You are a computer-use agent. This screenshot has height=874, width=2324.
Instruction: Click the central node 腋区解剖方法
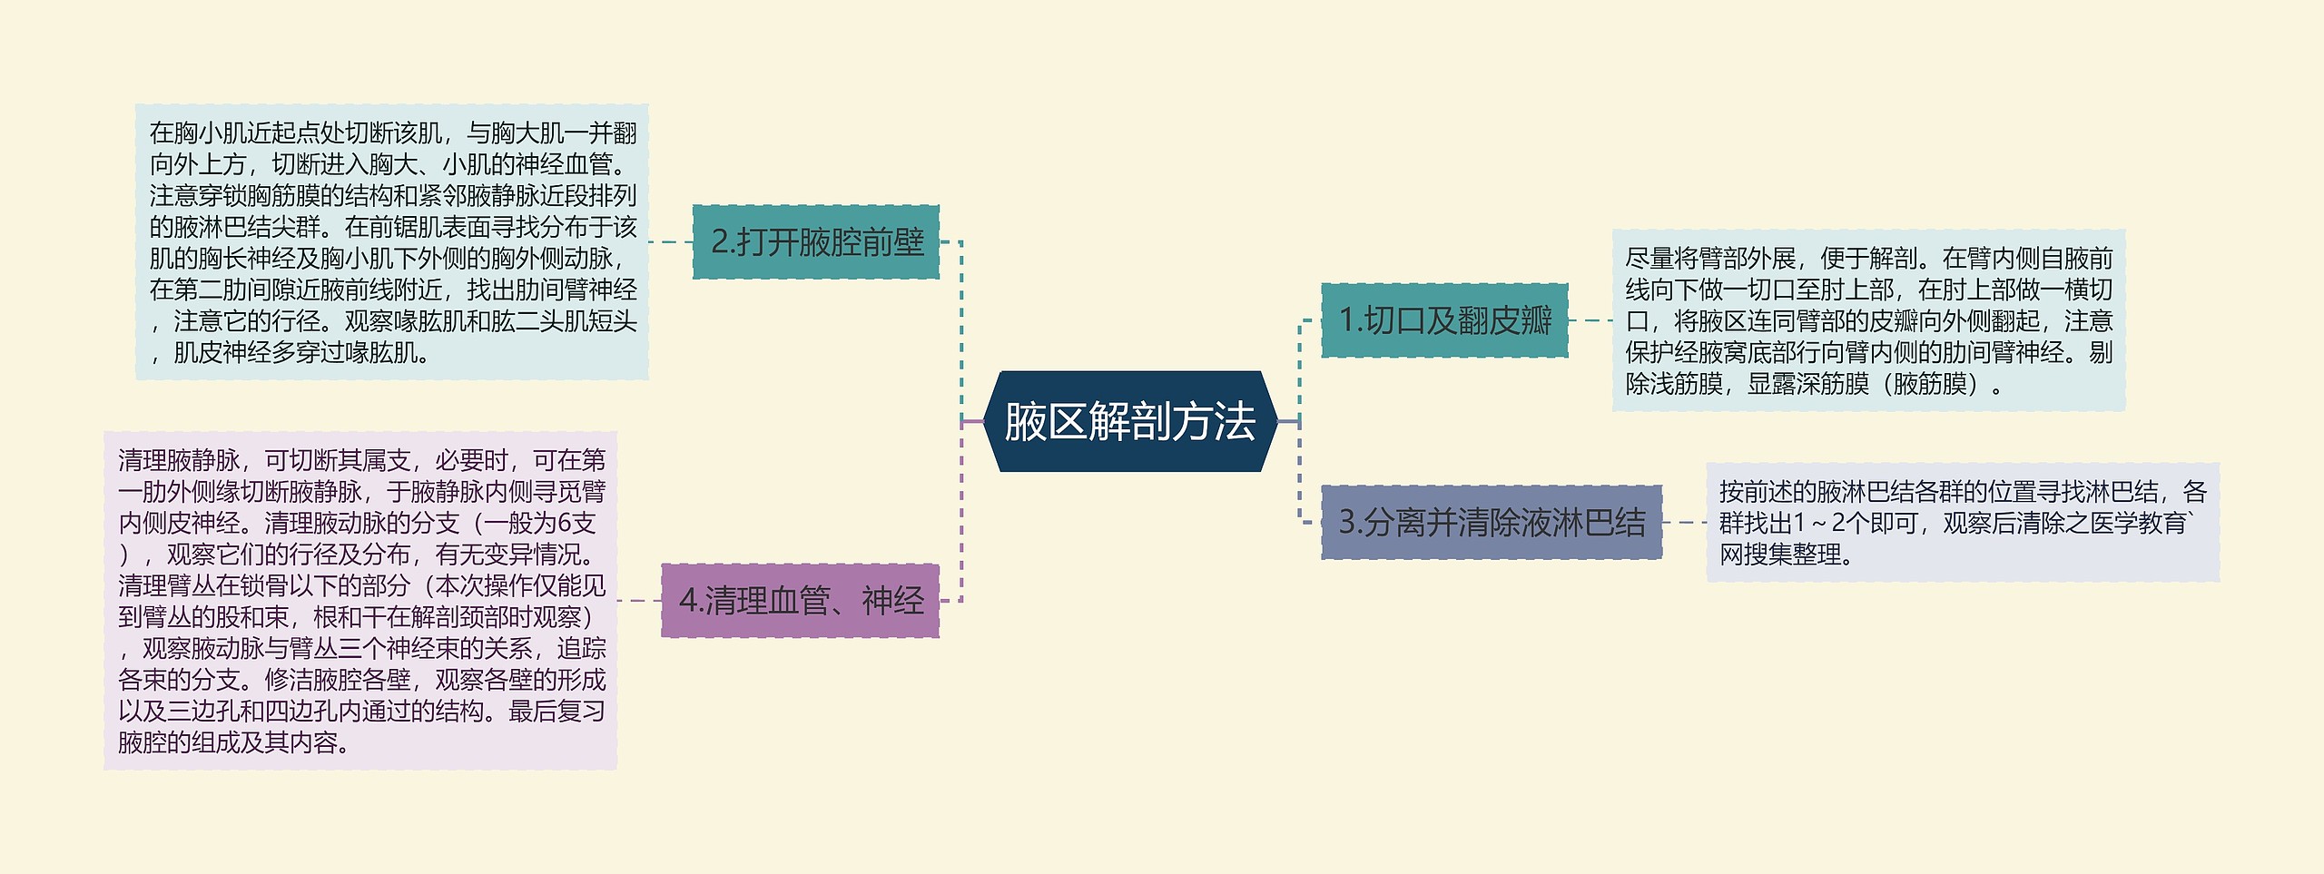tap(1129, 422)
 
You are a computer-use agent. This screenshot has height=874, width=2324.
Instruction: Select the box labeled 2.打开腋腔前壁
tap(815, 242)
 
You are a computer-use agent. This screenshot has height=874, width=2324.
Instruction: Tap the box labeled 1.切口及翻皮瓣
tap(1444, 320)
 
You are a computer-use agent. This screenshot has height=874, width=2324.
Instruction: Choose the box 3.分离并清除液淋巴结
tap(1491, 522)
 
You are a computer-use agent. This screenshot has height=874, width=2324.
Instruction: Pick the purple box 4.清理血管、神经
tap(800, 601)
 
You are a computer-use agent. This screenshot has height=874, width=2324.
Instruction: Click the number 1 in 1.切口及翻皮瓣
tap(1348, 320)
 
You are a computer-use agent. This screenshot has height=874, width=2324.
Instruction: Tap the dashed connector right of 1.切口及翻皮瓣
tap(1590, 320)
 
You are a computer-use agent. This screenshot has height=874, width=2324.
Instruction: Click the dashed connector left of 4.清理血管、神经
tap(638, 601)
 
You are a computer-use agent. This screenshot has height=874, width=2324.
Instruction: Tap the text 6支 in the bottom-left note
tap(576, 524)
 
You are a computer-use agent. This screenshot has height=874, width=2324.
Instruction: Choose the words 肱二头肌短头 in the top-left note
tap(564, 321)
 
